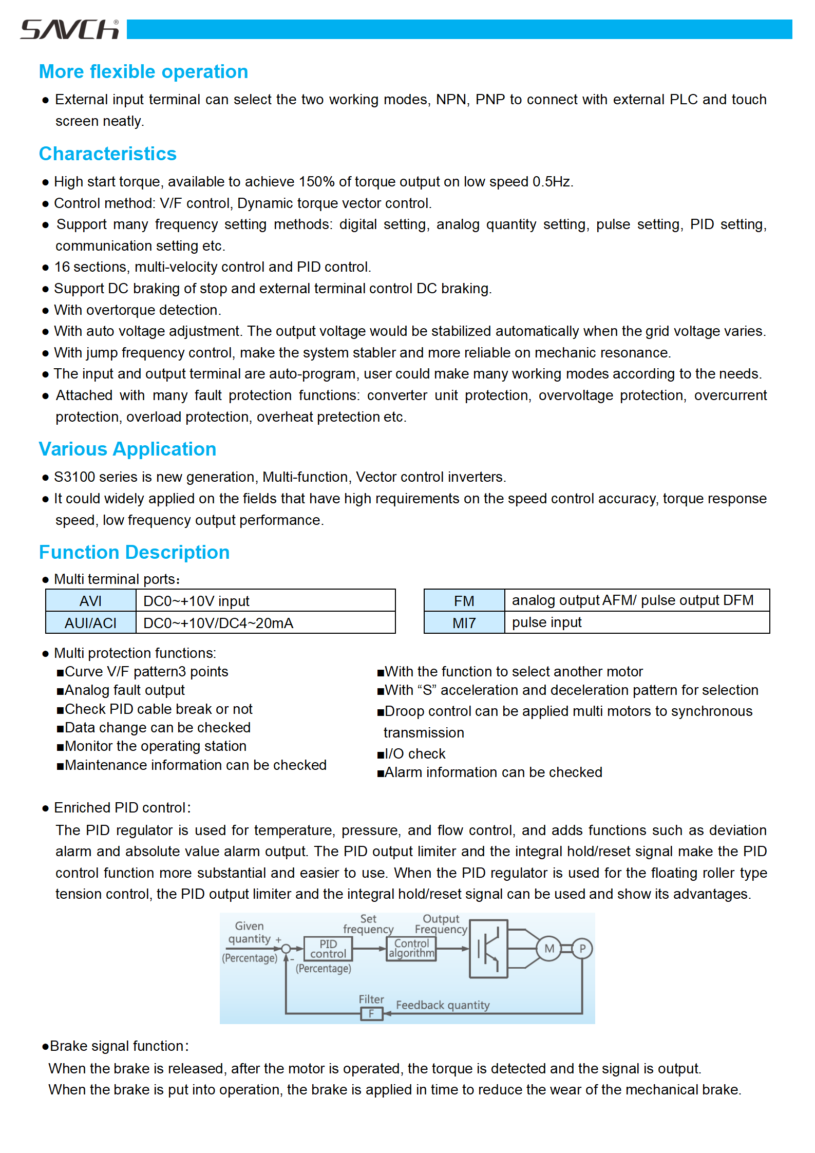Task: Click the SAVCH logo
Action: (x=70, y=30)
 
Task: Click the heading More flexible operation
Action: (x=143, y=72)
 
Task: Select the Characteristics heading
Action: (x=108, y=154)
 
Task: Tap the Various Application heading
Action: (x=127, y=449)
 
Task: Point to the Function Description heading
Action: (x=134, y=553)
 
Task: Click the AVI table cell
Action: (x=91, y=601)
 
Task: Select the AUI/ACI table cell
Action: (x=91, y=623)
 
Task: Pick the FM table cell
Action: (x=464, y=601)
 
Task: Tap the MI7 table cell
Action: (x=464, y=623)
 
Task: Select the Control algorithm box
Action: (x=411, y=949)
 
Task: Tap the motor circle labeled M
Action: (x=549, y=949)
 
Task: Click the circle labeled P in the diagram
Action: (x=582, y=949)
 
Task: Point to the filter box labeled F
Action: (x=371, y=1014)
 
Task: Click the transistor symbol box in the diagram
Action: (x=488, y=949)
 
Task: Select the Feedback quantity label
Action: (x=443, y=1005)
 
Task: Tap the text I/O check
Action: (x=415, y=754)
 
